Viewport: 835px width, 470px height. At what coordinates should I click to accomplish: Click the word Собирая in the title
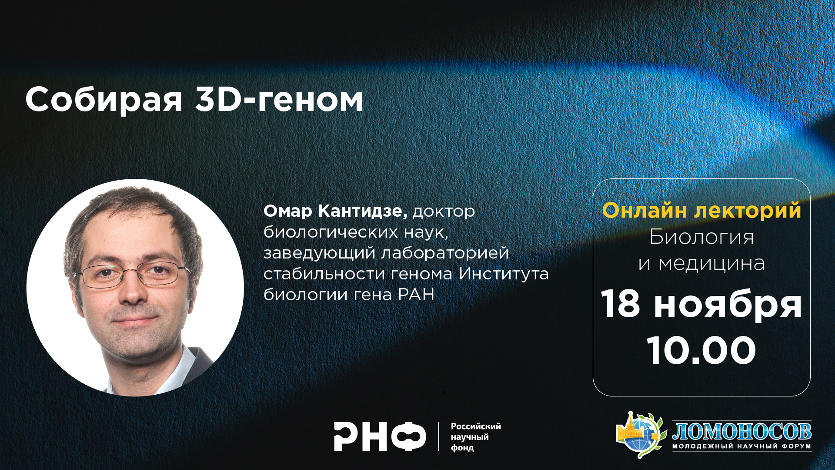[x=104, y=101]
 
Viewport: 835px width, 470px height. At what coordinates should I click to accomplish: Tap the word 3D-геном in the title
[x=279, y=100]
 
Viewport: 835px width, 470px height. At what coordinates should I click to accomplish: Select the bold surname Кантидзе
[x=363, y=211]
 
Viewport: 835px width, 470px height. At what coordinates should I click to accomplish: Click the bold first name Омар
[x=288, y=211]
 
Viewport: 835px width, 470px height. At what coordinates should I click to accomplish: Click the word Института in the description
[x=504, y=274]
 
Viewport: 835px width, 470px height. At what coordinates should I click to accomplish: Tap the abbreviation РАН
[x=416, y=295]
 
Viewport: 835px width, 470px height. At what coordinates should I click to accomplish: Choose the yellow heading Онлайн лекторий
[x=701, y=211]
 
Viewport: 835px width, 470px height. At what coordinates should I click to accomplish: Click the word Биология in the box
[x=701, y=238]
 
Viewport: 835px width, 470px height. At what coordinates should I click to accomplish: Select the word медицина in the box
[x=711, y=264]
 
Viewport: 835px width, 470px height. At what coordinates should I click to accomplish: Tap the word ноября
[x=728, y=305]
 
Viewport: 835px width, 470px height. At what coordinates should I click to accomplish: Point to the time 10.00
[x=701, y=350]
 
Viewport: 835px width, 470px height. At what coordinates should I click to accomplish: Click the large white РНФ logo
[x=380, y=436]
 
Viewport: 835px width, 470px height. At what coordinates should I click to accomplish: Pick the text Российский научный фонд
[x=476, y=437]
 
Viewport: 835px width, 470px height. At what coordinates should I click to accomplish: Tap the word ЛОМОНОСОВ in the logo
[x=742, y=431]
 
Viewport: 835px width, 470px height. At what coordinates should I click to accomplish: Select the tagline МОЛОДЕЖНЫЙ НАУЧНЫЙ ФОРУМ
[x=742, y=446]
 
